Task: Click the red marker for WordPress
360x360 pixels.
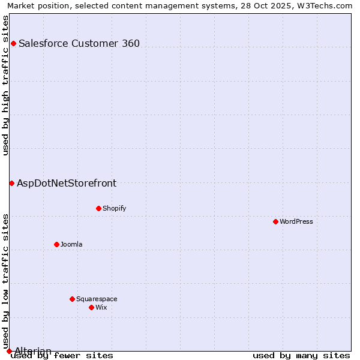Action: [275, 221]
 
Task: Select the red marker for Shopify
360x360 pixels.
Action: [98, 208]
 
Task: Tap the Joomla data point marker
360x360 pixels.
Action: [56, 244]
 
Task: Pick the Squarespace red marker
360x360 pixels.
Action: [72, 299]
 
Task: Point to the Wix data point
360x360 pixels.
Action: [91, 307]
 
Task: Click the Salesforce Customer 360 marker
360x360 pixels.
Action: [13, 43]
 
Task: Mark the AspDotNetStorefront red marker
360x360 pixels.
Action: [11, 183]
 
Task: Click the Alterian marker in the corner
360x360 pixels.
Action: [9, 351]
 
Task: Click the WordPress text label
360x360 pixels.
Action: [296, 221]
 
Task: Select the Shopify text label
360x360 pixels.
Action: [114, 208]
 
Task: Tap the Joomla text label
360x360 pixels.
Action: [71, 244]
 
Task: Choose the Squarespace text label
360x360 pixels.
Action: [97, 299]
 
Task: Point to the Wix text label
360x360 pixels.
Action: [101, 307]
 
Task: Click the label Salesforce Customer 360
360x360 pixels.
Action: [79, 43]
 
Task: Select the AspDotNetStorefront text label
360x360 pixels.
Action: [67, 183]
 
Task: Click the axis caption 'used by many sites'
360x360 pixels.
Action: [301, 355]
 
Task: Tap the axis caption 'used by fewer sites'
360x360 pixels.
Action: [62, 355]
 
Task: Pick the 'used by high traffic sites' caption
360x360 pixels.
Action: [5, 85]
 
